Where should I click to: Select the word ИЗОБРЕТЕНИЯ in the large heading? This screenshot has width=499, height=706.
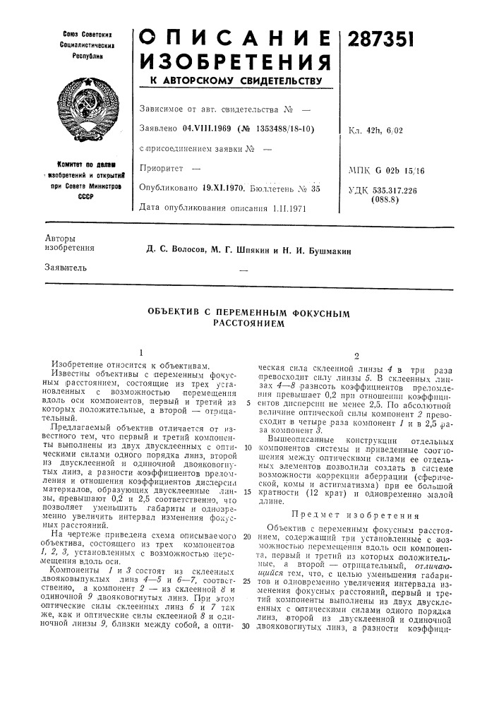coord(233,63)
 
